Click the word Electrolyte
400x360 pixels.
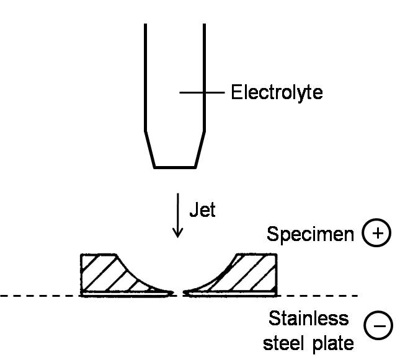point(277,94)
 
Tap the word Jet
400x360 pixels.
point(202,209)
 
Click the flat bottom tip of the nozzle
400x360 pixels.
point(176,167)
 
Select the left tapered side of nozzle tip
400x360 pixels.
point(149,149)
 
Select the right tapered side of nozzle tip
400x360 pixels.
point(200,149)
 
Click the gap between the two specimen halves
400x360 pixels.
point(179,291)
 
